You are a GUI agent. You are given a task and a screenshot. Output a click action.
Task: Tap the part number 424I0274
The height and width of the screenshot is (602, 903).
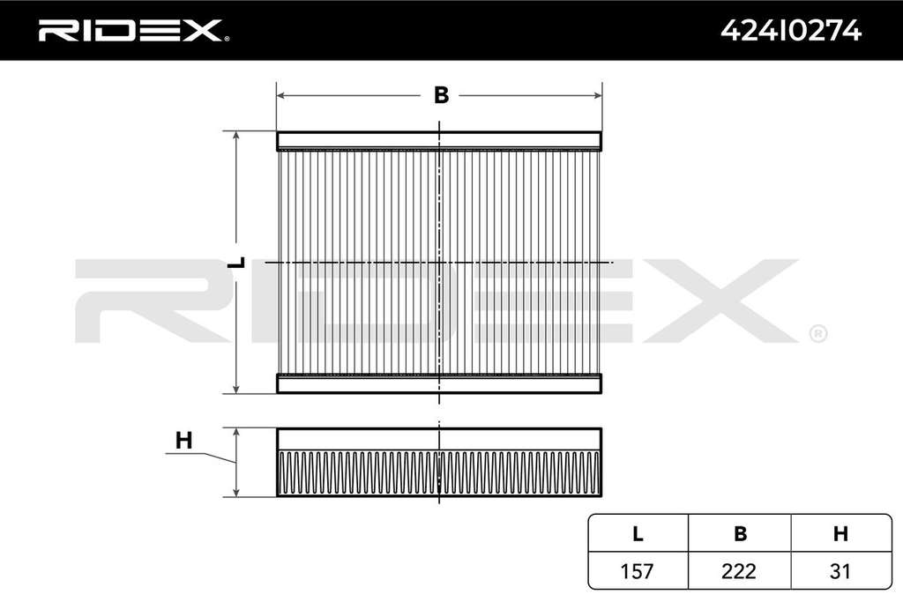[791, 31]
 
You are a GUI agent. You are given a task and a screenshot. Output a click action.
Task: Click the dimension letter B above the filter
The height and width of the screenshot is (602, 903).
[441, 95]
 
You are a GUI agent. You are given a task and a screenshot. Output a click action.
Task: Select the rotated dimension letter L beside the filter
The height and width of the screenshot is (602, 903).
[236, 263]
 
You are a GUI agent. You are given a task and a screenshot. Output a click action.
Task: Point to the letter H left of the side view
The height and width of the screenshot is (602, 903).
[183, 441]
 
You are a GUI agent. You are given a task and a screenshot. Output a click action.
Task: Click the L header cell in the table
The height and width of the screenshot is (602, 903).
[638, 533]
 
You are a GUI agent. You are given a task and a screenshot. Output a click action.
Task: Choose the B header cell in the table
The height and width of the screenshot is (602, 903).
[740, 533]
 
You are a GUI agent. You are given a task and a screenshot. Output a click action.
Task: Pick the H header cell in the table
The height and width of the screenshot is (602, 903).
[840, 533]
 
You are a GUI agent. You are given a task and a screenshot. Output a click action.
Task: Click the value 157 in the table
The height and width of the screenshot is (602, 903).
[637, 571]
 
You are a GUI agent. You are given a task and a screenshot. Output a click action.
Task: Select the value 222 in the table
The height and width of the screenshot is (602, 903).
[739, 571]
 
